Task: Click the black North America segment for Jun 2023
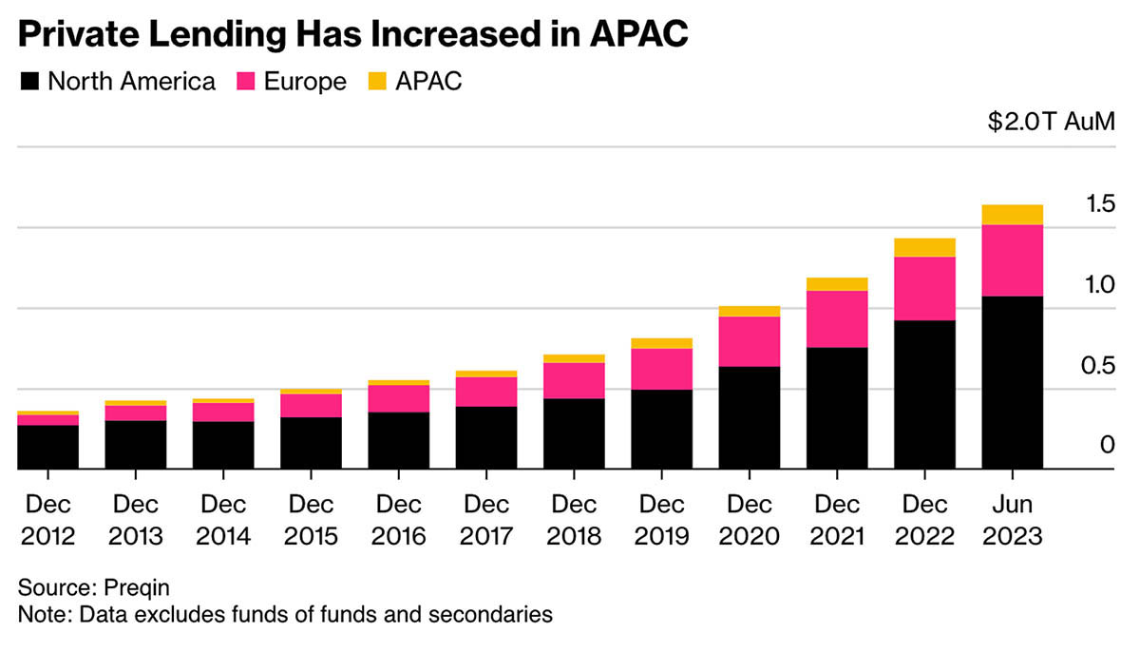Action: tap(1012, 382)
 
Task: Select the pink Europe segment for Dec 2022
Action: tap(924, 288)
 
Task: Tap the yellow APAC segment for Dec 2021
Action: tap(837, 284)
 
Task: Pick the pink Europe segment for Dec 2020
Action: tap(750, 341)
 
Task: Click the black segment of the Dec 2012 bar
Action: tap(48, 447)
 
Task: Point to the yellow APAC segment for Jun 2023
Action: tap(1012, 215)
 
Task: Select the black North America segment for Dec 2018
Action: tap(574, 433)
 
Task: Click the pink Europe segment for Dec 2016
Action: tap(399, 398)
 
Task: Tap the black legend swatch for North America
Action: tap(29, 82)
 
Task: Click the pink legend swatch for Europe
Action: tap(247, 82)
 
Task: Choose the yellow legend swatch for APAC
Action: tap(375, 82)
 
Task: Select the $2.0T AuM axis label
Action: tap(1050, 123)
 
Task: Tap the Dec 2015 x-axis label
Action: tap(311, 520)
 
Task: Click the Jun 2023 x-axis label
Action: tap(1012, 520)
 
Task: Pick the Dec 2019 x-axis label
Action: tap(661, 520)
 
